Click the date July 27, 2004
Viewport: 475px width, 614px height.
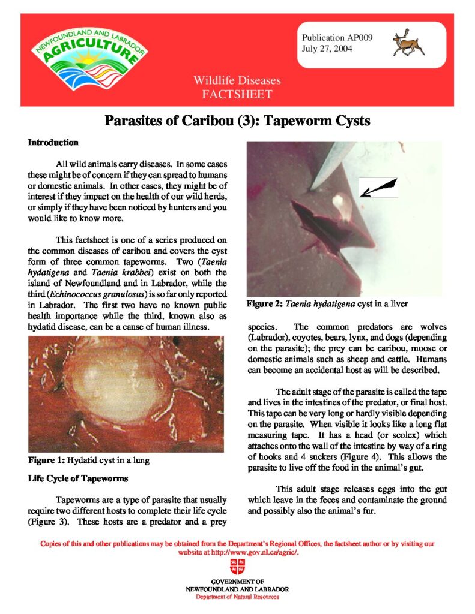pyautogui.click(x=327, y=48)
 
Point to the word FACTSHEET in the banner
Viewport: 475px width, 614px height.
pyautogui.click(x=237, y=94)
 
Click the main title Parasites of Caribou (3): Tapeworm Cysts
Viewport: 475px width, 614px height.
pyautogui.click(x=237, y=121)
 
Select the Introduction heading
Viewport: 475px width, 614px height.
pyautogui.click(x=53, y=143)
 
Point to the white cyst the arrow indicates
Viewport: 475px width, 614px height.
pyautogui.click(x=342, y=204)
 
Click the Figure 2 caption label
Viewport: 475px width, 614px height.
pyautogui.click(x=265, y=304)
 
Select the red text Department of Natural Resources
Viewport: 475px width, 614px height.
pyautogui.click(x=237, y=597)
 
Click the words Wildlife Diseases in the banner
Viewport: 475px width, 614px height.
pyautogui.click(x=237, y=81)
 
